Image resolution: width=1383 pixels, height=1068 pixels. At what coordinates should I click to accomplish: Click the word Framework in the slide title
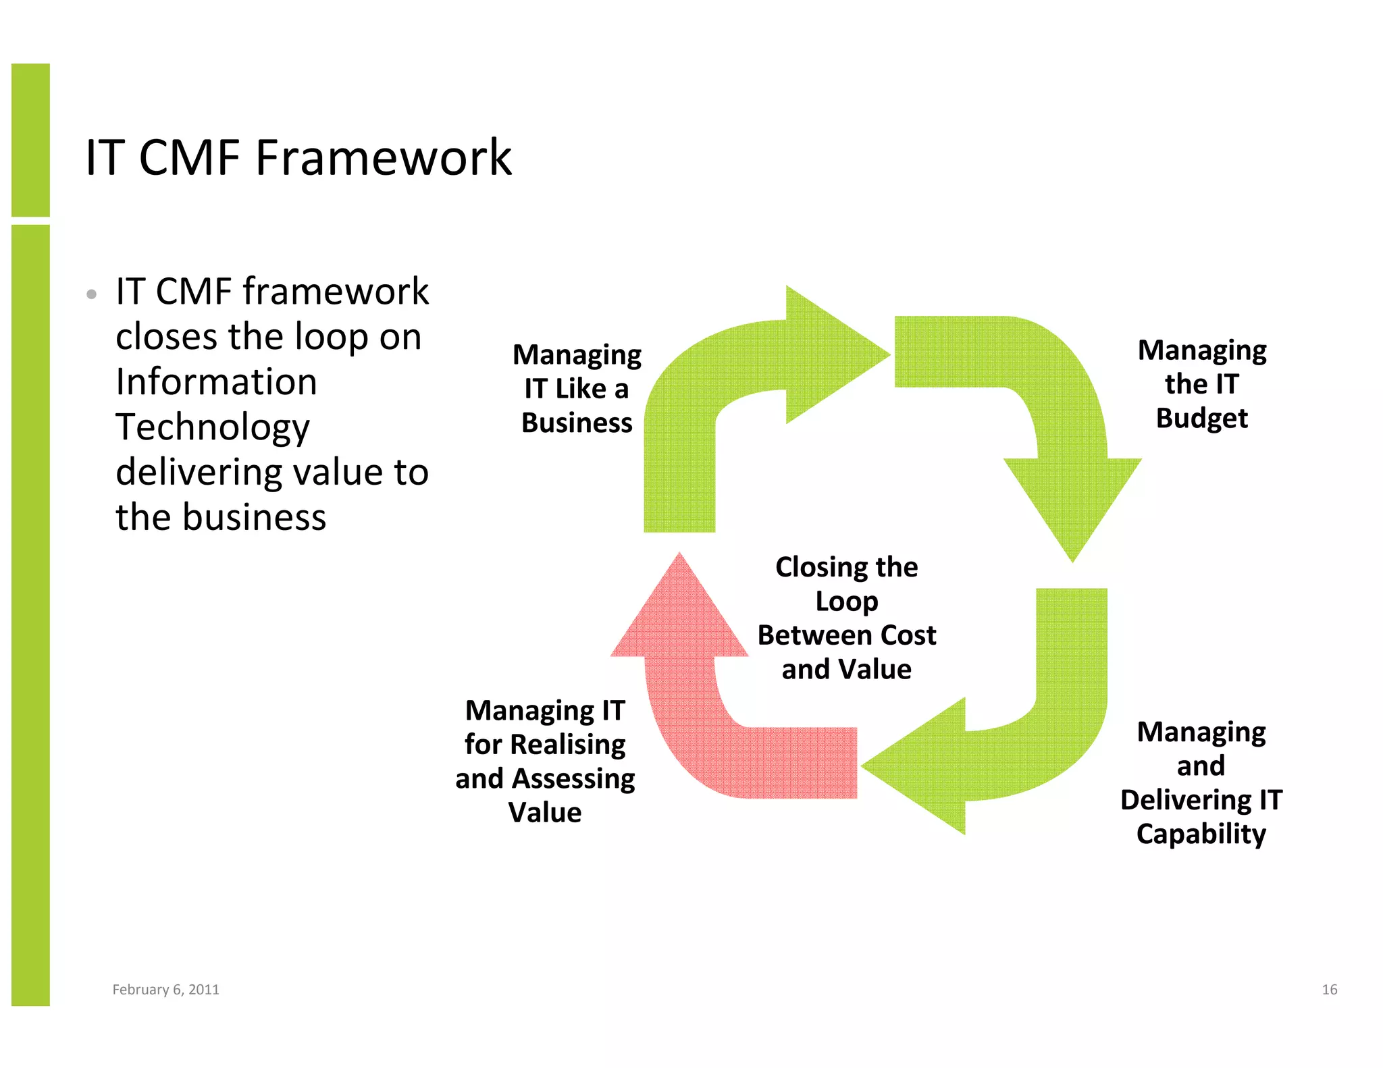click(x=383, y=158)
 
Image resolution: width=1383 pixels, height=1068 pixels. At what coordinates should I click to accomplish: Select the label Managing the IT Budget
click(x=1201, y=383)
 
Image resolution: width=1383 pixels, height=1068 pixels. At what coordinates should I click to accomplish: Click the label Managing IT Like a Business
click(x=577, y=388)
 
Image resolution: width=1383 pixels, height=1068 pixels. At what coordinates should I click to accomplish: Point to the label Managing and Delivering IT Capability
click(x=1201, y=782)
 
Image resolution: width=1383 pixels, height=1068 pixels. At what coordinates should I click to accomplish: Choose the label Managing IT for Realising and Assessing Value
click(x=545, y=761)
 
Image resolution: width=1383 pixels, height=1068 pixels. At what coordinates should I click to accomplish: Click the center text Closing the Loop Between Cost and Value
click(x=846, y=618)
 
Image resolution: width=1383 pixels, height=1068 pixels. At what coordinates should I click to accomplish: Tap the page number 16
click(x=1329, y=989)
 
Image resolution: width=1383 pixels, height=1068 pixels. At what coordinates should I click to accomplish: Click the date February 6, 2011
click(x=165, y=989)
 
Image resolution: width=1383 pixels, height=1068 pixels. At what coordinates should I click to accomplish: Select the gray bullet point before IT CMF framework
click(x=92, y=294)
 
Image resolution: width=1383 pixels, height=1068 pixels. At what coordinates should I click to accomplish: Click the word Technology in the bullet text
click(x=212, y=427)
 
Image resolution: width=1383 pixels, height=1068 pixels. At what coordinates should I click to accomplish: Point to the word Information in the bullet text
click(x=216, y=381)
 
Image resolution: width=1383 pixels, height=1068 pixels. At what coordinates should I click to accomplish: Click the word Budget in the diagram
click(x=1201, y=418)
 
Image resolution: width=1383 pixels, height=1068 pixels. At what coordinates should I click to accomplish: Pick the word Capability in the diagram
click(x=1201, y=834)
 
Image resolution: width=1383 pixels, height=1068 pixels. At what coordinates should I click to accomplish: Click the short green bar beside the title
click(x=30, y=140)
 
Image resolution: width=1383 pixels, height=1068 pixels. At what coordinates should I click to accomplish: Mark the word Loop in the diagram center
click(x=846, y=601)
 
